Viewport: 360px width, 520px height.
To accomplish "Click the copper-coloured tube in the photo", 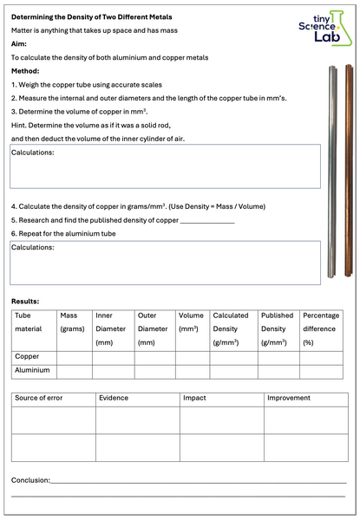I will click(x=350, y=173).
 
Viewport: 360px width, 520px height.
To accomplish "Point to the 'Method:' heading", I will click(x=26, y=70).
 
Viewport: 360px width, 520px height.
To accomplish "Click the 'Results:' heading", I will click(x=26, y=301).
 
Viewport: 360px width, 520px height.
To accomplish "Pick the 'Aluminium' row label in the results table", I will click(x=32, y=370).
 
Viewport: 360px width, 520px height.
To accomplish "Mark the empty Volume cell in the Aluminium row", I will click(x=192, y=370).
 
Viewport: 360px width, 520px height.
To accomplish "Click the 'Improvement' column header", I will click(x=289, y=398).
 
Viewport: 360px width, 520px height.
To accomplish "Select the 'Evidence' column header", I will click(x=115, y=398).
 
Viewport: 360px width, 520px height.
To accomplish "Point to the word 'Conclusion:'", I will click(x=30, y=479).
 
